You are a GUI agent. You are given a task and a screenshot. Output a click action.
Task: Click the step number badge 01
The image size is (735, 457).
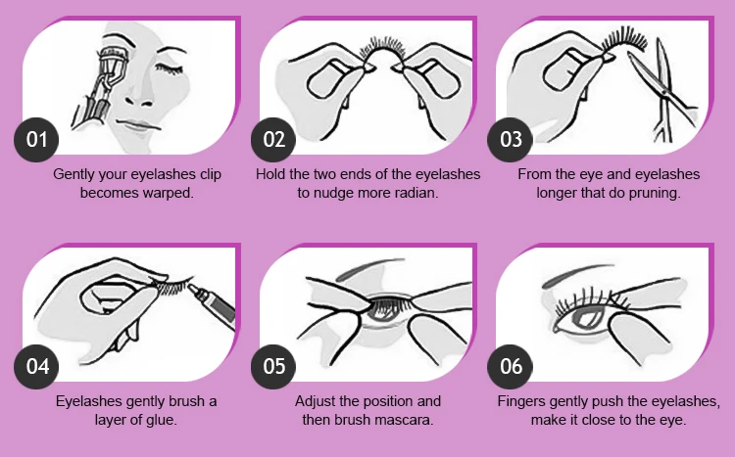click(36, 140)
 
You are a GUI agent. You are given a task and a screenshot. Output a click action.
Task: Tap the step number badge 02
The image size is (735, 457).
click(273, 140)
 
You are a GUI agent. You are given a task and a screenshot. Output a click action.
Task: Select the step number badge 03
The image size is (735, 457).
click(510, 140)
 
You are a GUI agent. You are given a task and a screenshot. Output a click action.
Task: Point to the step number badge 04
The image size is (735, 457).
click(36, 367)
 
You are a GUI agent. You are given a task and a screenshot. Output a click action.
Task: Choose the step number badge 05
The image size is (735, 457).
click(273, 367)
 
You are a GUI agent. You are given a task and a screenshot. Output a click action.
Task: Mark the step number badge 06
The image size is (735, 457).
click(510, 367)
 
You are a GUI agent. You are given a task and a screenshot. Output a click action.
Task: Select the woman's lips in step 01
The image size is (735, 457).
click(137, 125)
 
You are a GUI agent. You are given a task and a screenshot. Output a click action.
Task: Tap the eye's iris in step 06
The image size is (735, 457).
click(586, 318)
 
